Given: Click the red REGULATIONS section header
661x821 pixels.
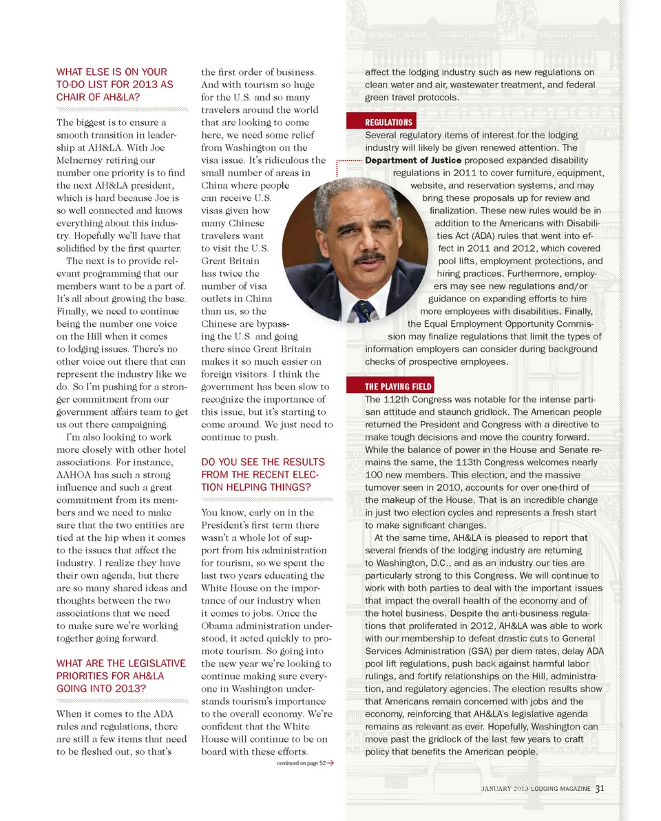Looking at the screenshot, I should [x=389, y=122].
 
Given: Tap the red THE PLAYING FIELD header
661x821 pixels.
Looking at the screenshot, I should [x=399, y=386].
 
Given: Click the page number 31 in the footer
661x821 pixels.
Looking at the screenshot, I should [x=600, y=788].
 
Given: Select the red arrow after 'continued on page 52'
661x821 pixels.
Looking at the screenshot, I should [x=331, y=763].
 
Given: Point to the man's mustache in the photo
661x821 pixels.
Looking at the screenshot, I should [x=369, y=259].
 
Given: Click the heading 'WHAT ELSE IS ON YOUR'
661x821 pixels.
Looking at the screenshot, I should [x=112, y=72].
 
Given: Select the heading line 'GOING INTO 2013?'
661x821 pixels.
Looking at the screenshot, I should [x=101, y=688].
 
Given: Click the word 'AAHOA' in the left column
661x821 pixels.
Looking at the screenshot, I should [x=74, y=475].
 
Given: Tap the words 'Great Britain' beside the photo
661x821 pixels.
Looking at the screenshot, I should [x=231, y=261].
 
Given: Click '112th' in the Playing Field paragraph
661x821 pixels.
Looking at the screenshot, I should [x=397, y=400].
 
